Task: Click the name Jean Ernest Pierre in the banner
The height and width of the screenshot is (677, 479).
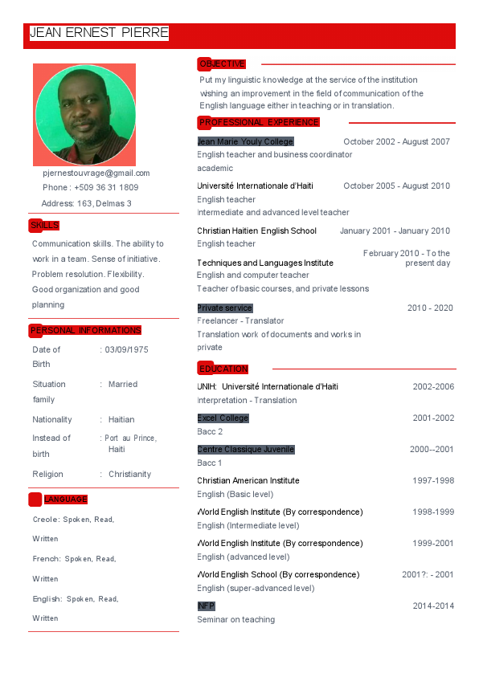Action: [99, 33]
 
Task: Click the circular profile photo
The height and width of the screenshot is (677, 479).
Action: [84, 115]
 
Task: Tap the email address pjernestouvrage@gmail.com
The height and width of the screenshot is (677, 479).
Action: [96, 173]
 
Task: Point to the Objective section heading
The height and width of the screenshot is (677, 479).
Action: [222, 64]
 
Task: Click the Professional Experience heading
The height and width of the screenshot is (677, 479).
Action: [259, 122]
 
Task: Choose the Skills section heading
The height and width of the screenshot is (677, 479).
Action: [44, 226]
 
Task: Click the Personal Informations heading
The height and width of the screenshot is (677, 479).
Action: [85, 330]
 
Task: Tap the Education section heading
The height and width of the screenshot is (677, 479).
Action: [223, 369]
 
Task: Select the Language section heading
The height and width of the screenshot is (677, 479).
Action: [65, 500]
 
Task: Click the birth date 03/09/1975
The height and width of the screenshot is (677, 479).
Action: [126, 350]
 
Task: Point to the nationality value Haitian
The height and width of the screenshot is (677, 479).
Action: [121, 419]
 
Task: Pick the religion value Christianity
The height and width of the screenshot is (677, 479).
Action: [129, 474]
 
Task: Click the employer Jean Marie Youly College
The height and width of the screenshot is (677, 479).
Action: [245, 141]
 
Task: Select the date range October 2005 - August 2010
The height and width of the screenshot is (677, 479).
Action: [396, 186]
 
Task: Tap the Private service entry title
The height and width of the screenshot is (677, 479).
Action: [225, 308]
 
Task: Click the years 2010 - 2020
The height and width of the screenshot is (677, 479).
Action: [430, 308]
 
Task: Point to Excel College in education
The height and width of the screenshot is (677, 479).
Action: [223, 418]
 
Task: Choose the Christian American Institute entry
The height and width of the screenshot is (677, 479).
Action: [248, 480]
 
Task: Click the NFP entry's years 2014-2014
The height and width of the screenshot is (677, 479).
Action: [433, 606]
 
